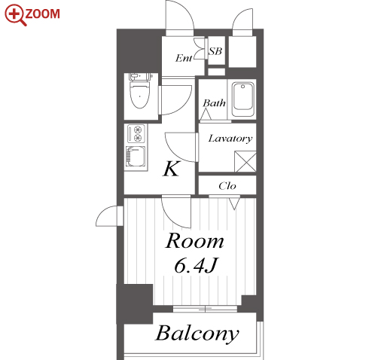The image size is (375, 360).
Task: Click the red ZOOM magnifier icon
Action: pos(15,14)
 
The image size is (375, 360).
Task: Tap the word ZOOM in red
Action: pos(42,14)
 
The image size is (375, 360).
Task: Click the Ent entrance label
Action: pos(184,58)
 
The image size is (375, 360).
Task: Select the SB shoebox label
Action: pos(215,51)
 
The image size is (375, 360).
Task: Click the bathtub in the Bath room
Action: pos(242,99)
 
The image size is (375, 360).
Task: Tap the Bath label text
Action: pos(214,103)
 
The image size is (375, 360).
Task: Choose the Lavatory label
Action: pos(230,139)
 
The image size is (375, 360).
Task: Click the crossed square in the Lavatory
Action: pos(245,162)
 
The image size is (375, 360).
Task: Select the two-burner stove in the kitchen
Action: pos(136,133)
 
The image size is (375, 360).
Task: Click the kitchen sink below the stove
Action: pos(136,157)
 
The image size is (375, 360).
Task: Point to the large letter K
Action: pos(172,169)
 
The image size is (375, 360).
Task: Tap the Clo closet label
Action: pos(227,186)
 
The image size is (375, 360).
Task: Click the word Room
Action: pos(194,241)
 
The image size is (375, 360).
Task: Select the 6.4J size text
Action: pos(195,265)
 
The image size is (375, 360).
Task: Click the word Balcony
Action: pos(197,334)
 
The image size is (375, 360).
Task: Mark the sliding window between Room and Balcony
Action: pos(205,309)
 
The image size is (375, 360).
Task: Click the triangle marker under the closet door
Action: pos(234,203)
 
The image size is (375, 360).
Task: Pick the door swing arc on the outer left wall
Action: pos(107,216)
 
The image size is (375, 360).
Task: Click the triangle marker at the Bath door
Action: pos(206,114)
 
